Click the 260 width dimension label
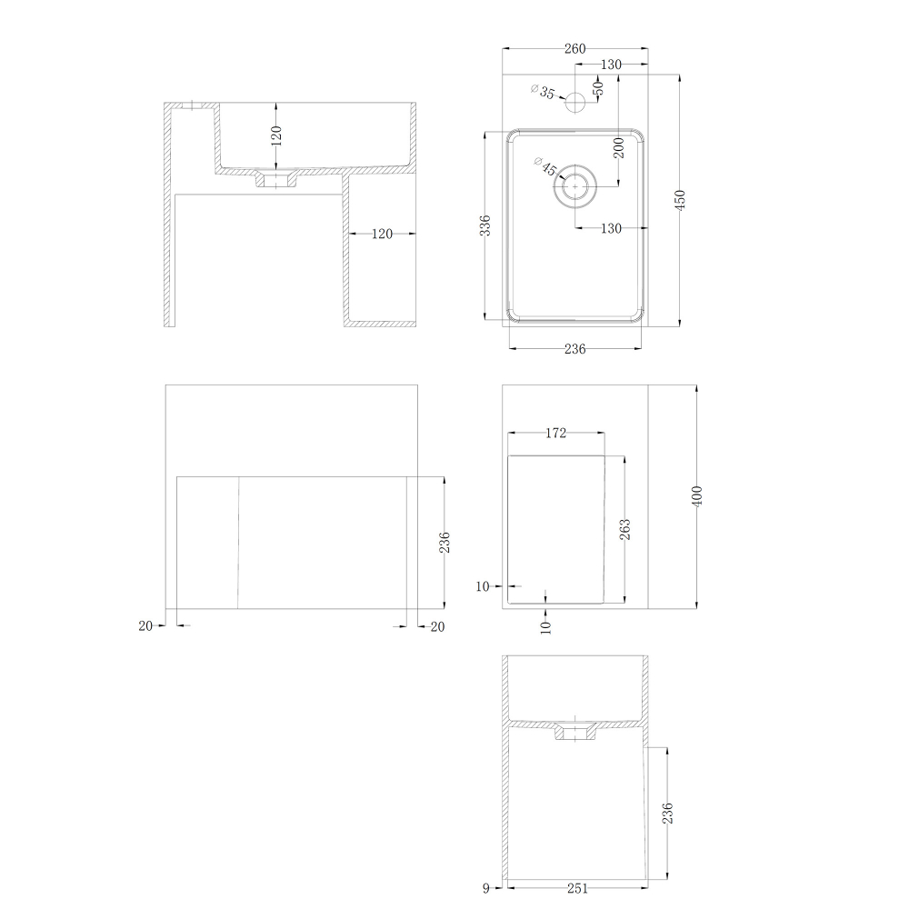click(574, 49)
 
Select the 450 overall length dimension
click(680, 200)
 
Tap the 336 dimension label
click(485, 225)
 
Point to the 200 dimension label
click(619, 148)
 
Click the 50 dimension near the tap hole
click(598, 88)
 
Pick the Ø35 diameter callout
click(543, 92)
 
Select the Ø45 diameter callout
click(545, 167)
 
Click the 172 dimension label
click(555, 433)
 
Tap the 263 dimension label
click(625, 529)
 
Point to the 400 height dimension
click(697, 496)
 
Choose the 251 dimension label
click(577, 888)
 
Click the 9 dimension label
click(485, 888)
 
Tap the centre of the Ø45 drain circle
click(575, 186)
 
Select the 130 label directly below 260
click(611, 65)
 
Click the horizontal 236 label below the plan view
click(574, 349)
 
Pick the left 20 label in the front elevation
click(145, 626)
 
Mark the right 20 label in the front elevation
click(438, 626)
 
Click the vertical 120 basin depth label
click(276, 135)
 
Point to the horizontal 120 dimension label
click(382, 234)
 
